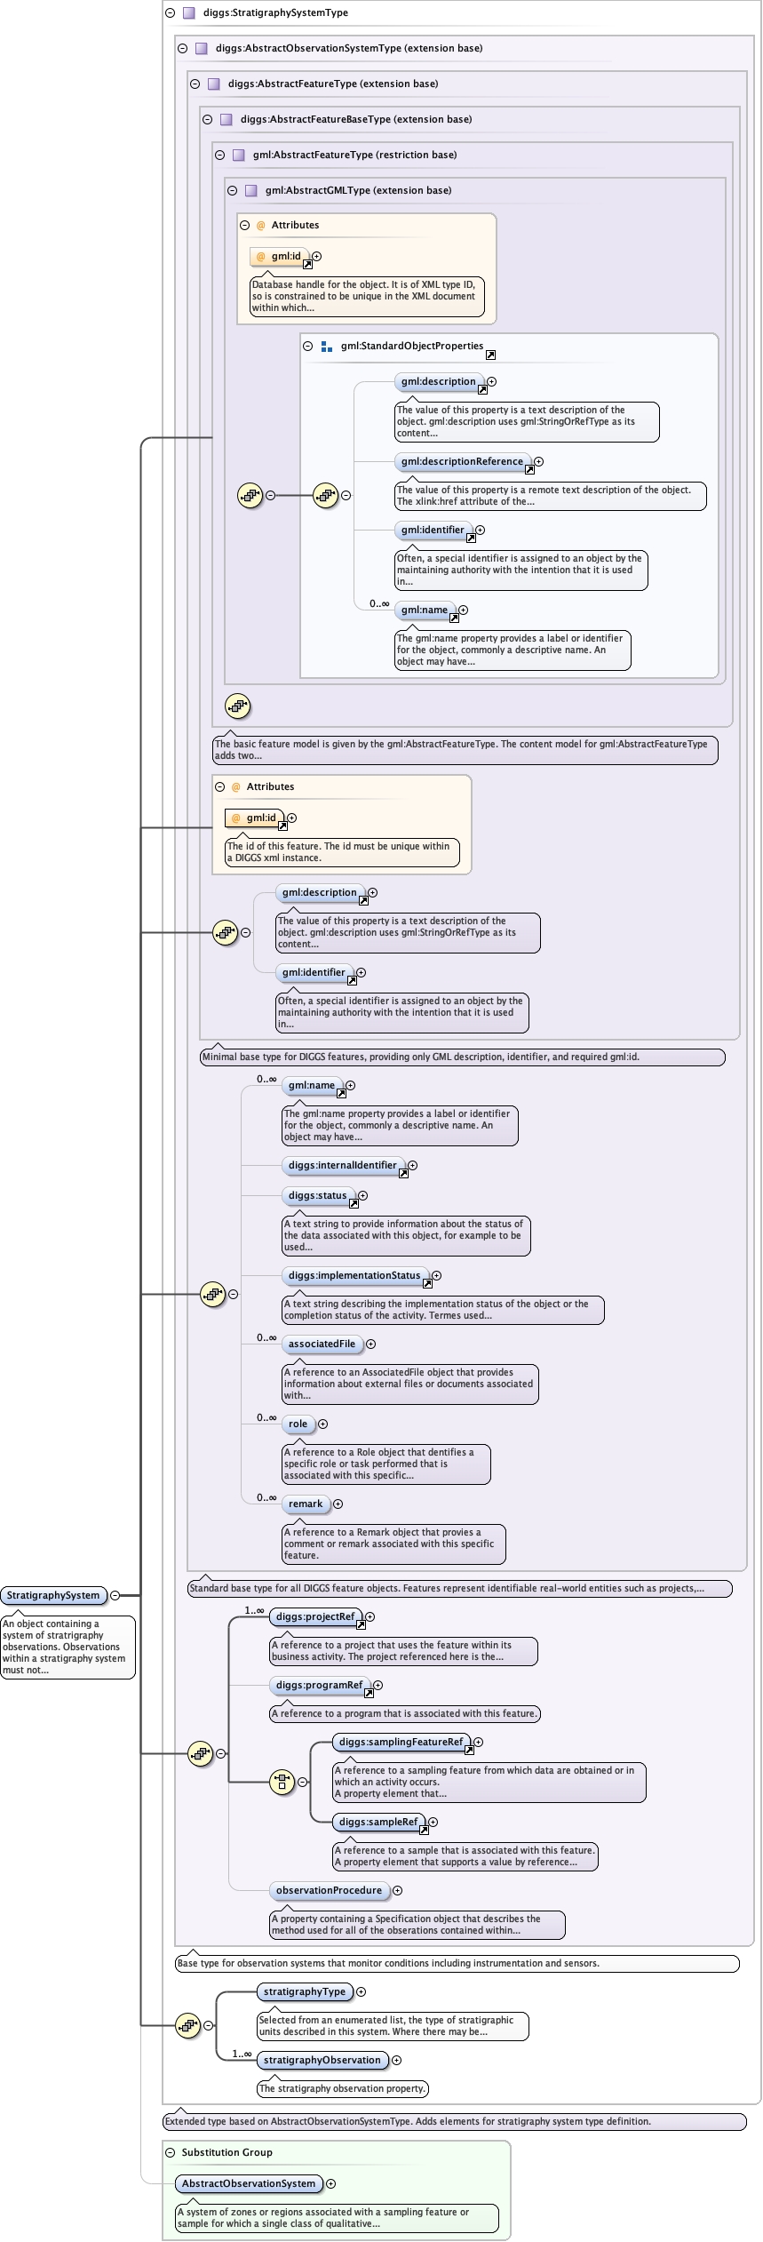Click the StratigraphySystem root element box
click(53, 1595)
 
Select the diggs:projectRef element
click(315, 1616)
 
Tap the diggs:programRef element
click(319, 1685)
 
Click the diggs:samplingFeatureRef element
click(401, 1742)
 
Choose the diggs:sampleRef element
click(378, 1822)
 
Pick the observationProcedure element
click(329, 1890)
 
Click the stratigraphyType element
click(305, 1991)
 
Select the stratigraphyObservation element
click(322, 2060)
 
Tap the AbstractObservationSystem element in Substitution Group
click(249, 2183)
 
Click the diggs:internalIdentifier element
click(343, 1165)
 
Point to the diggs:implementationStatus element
click(354, 1275)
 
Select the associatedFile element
click(322, 1344)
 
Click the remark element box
click(306, 1504)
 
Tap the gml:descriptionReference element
click(462, 461)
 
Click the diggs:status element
click(317, 1195)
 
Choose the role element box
click(298, 1424)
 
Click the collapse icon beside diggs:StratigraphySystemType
click(171, 12)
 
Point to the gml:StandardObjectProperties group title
click(411, 346)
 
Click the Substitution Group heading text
click(227, 2152)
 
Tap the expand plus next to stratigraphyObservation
click(397, 2060)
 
